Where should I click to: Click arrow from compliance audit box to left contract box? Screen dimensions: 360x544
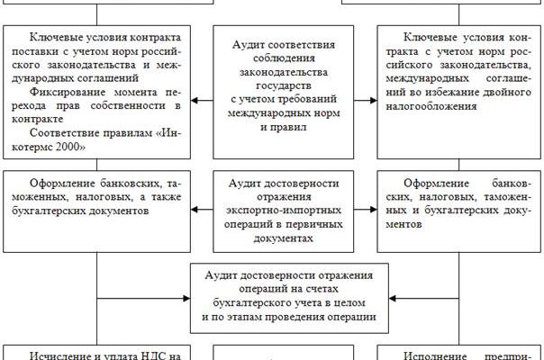click(x=200, y=99)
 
